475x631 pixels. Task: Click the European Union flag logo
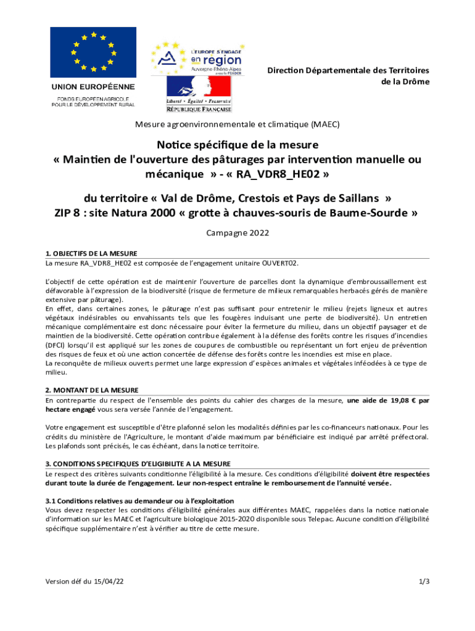pos(93,52)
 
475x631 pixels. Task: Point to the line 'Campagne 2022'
pos(238,234)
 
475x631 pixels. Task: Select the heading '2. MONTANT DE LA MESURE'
pos(92,390)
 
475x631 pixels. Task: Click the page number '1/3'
pos(424,581)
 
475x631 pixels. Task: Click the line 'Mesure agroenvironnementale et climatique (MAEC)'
pos(238,124)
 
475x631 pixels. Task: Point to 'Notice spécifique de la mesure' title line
pos(238,145)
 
